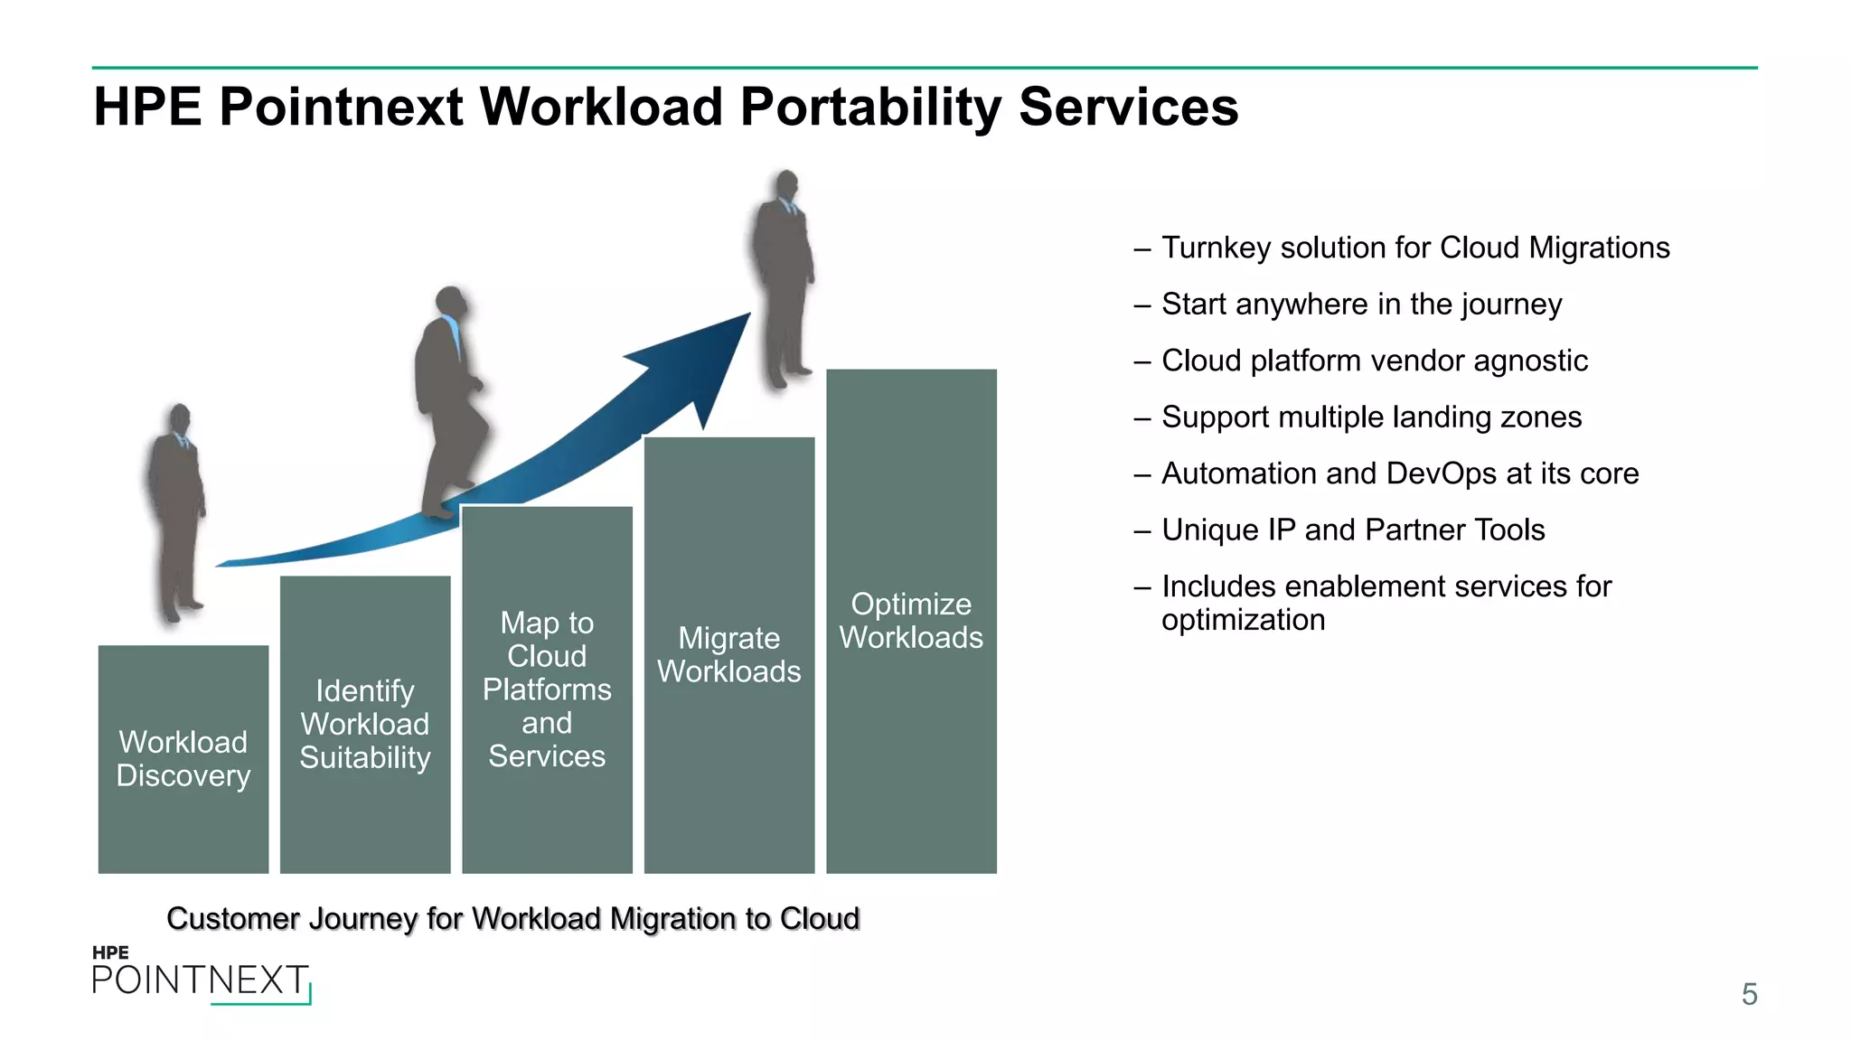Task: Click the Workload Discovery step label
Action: point(183,759)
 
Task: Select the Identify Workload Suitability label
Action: point(365,725)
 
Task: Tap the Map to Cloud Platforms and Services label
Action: point(547,689)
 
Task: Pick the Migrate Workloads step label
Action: point(729,655)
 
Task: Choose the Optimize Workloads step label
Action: point(911,621)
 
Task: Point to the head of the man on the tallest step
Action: point(787,186)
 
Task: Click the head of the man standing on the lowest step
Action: point(181,419)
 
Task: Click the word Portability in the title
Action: point(871,107)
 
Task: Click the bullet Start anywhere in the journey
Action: point(1361,305)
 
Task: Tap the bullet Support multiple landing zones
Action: point(1371,417)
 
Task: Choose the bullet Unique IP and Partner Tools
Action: point(1353,530)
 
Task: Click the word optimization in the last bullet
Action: point(1243,621)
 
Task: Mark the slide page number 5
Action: point(1749,994)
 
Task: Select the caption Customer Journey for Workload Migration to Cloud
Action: point(512,919)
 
